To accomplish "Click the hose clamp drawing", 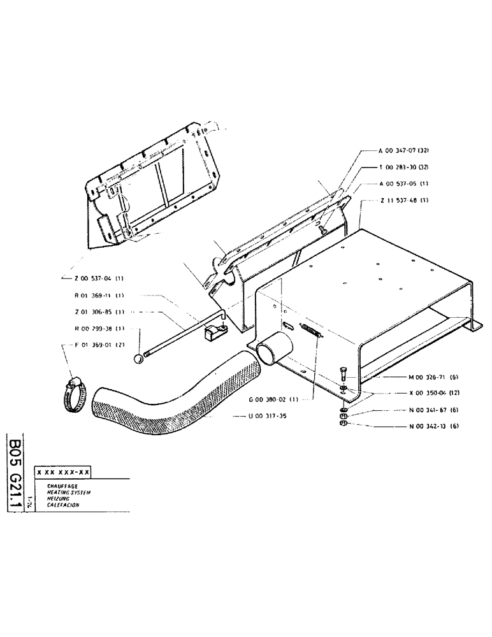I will coord(75,391).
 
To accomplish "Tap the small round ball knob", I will coord(139,360).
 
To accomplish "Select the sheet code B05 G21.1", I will coord(17,472).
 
